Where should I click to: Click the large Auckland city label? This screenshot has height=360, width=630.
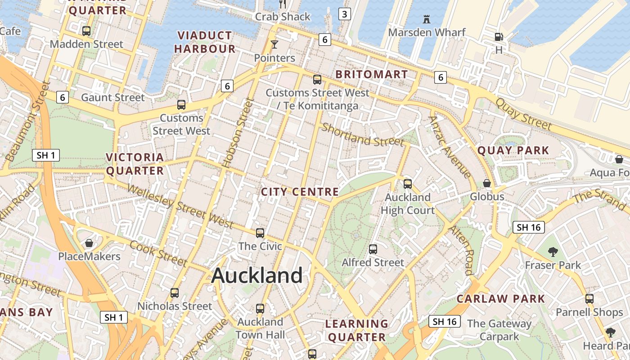257,275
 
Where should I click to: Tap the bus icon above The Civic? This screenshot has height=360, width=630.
260,233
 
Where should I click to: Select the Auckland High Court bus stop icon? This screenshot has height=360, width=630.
408,184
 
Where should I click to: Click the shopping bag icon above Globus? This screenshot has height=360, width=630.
487,183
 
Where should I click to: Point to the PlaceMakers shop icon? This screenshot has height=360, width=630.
89,243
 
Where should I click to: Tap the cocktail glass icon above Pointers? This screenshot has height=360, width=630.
274,44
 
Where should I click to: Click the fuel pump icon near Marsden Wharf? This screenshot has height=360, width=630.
499,37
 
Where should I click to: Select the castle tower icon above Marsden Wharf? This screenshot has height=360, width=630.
427,19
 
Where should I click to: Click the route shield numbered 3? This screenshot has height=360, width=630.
344,14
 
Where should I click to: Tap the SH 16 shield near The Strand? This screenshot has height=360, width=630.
529,227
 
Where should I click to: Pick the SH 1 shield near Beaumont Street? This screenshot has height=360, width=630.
46,156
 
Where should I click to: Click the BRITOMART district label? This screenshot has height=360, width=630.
372,74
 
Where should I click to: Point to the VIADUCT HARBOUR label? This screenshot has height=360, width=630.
205,42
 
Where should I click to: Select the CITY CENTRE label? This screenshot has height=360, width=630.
300,192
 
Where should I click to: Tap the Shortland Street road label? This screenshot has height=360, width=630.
363,135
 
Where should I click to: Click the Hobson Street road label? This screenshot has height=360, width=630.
238,134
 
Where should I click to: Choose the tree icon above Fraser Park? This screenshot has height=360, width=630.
553,252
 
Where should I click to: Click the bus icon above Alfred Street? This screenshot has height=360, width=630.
373,249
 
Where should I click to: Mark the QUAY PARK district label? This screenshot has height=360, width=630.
513,150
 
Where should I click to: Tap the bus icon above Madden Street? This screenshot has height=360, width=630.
86,31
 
